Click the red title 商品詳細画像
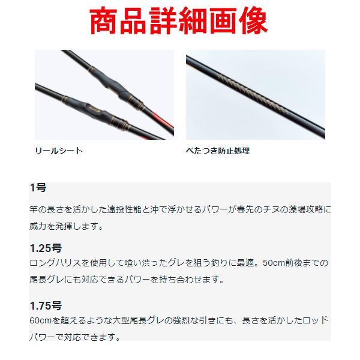coord(178,22)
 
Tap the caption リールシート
coord(58,151)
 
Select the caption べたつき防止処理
coord(217,151)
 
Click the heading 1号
coord(38,188)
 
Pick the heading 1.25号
coord(46,248)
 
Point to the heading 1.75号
coord(46,305)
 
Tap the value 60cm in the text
coord(41,320)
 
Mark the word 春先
coord(233,209)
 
